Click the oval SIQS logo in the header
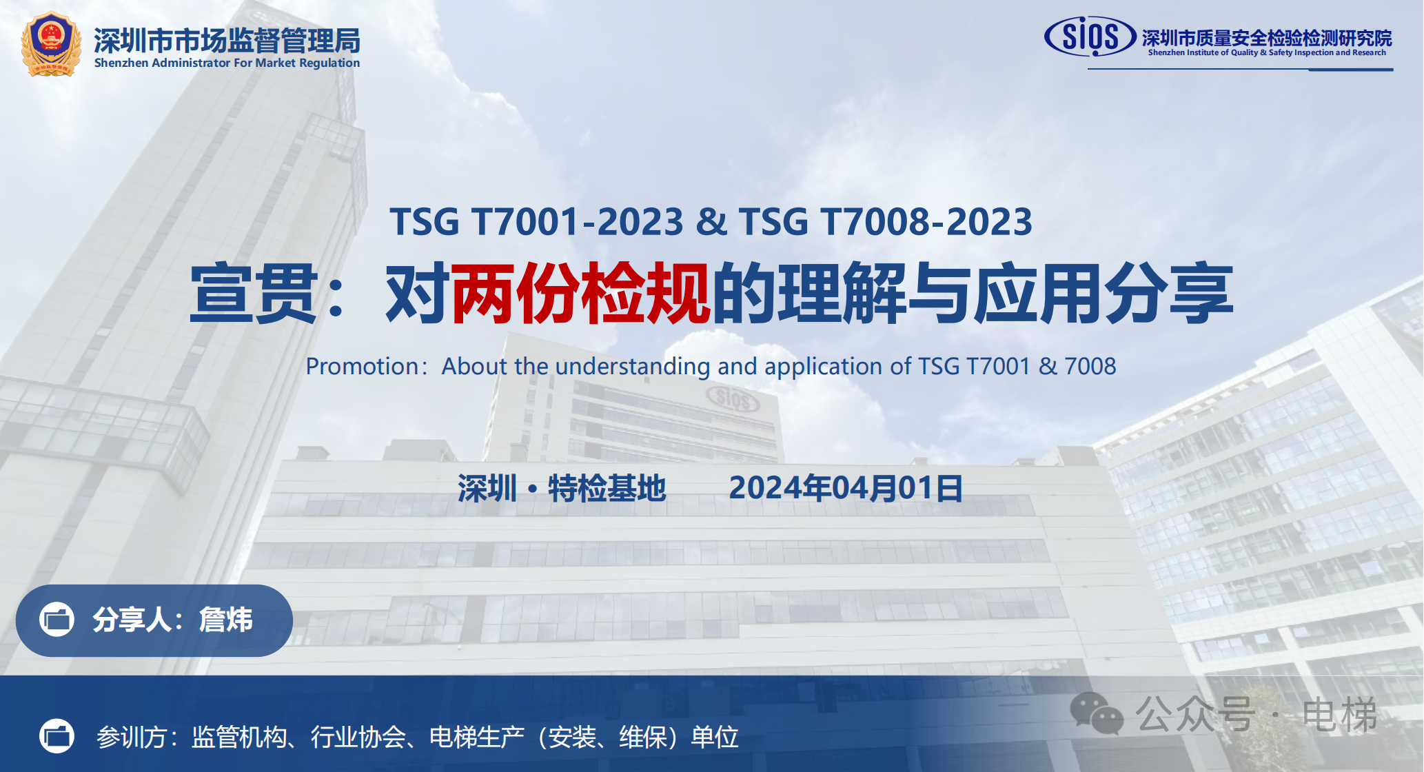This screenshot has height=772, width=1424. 1090,37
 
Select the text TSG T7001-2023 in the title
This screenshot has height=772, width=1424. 536,222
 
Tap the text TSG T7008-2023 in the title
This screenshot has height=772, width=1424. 886,222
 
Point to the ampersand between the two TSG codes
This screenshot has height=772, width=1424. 711,222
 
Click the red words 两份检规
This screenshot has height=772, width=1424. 580,293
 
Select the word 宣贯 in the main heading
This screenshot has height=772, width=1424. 254,293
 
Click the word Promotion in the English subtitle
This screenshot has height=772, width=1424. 362,366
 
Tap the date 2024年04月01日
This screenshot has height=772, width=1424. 846,488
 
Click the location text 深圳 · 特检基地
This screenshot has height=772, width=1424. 562,488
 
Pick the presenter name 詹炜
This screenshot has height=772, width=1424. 225,620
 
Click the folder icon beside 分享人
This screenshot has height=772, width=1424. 57,619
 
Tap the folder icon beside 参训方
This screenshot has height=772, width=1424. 57,736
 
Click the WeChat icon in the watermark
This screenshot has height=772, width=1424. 1097,713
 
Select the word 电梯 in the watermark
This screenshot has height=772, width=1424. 1340,714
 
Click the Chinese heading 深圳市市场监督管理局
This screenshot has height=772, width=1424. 227,41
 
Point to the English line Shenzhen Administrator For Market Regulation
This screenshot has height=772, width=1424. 227,63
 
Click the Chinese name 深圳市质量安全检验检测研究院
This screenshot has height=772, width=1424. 1267,38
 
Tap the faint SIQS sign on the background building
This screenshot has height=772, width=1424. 733,398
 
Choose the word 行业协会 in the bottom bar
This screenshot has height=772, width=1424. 358,738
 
